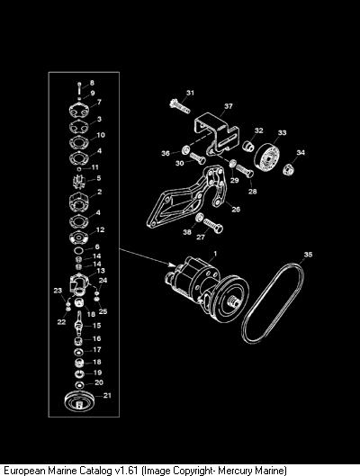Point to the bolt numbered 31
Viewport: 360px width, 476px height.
(x=179, y=105)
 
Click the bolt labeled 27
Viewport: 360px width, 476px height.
(x=213, y=226)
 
